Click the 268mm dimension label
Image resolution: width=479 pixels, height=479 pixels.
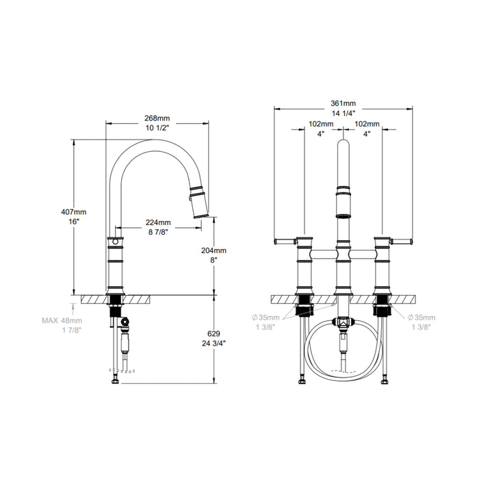click(157, 118)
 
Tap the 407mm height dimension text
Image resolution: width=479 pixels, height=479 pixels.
click(74, 211)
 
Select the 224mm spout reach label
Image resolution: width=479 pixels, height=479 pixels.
click(158, 222)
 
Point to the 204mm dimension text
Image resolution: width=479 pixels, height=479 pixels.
click(213, 250)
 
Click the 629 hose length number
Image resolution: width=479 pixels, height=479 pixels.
click(213, 334)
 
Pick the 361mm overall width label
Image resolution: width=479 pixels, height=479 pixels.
click(344, 103)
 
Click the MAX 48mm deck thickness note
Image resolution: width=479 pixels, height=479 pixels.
click(62, 320)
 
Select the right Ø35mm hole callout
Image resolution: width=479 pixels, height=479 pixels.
click(422, 318)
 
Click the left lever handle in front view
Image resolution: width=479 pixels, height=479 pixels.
click(285, 242)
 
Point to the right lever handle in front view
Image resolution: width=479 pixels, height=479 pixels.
click(402, 242)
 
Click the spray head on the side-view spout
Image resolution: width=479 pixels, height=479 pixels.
click(198, 202)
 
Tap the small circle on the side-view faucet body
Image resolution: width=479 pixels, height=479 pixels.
click(115, 242)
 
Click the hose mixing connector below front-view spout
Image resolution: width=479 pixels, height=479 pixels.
click(344, 322)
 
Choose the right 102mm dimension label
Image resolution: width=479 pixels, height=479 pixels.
click(367, 124)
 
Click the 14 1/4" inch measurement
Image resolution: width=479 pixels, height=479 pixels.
click(344, 114)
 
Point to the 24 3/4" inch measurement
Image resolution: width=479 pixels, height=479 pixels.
click(213, 344)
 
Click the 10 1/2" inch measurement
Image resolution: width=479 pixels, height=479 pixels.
click(157, 128)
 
